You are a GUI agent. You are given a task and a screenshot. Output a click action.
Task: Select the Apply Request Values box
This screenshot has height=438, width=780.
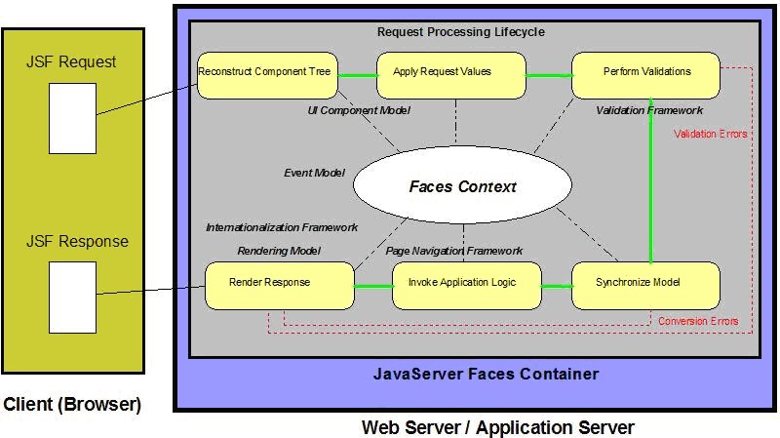442,72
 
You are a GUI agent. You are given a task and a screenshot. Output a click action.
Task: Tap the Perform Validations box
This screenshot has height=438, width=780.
646,72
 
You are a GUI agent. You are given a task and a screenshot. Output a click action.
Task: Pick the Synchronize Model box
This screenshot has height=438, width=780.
644,284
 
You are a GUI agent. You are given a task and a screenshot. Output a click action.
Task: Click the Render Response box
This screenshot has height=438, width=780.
278,284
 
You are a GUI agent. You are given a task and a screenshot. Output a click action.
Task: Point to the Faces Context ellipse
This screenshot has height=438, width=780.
462,187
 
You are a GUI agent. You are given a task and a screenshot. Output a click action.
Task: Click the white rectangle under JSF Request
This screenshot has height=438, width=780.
72,118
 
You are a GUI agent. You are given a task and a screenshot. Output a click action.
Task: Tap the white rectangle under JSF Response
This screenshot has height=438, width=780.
72,297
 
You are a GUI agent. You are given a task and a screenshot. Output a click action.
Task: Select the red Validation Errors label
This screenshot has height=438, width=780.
711,135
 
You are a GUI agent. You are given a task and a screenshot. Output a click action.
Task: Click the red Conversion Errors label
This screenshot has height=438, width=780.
698,321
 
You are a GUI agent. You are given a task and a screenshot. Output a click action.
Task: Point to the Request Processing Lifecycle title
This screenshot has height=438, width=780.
461,32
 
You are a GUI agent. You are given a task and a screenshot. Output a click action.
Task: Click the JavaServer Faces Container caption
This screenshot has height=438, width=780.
486,375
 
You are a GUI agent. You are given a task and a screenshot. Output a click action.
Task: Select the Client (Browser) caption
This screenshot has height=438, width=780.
71,403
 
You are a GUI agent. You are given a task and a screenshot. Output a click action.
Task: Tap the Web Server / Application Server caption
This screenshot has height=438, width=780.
497,427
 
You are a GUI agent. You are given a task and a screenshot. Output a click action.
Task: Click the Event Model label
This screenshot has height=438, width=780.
314,173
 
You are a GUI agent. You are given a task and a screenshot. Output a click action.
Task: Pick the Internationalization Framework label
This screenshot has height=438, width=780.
282,227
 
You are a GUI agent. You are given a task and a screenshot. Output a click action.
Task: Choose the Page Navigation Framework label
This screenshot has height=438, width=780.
454,251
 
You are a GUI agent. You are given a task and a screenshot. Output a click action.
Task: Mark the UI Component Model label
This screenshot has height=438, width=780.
359,111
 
